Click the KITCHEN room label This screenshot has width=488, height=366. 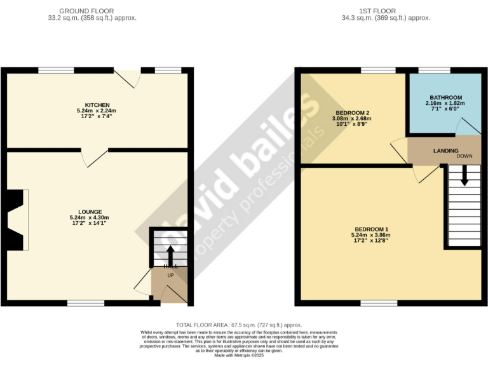tap(98, 105)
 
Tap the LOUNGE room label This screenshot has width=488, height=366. tap(90, 212)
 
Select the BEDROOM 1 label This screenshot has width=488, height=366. tap(372, 229)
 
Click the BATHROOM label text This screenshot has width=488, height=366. tap(445, 97)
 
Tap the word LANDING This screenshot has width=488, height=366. tap(446, 151)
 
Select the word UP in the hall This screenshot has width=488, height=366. tap(170, 275)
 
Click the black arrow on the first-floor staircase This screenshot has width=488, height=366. tap(464, 175)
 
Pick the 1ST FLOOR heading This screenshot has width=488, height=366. tap(385, 11)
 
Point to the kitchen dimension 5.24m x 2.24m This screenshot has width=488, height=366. tap(98, 111)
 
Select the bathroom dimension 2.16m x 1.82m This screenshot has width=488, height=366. tap(445, 103)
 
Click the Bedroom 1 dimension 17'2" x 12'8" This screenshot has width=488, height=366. tap(372, 241)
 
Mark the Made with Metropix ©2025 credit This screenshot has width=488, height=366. tap(239, 355)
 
